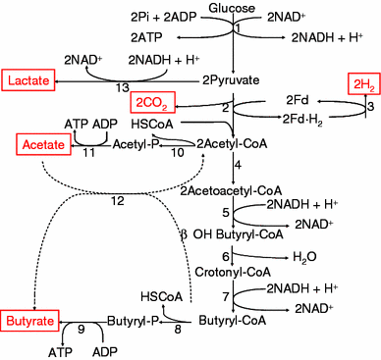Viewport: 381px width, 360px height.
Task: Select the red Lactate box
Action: (x=28, y=77)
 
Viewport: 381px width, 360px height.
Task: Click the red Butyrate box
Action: (x=28, y=321)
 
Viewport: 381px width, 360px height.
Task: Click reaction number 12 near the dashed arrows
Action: (x=117, y=201)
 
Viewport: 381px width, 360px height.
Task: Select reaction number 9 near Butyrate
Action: (x=82, y=331)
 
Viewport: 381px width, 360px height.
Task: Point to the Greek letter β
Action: (x=183, y=233)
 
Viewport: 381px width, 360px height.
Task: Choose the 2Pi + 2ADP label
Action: (x=162, y=18)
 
